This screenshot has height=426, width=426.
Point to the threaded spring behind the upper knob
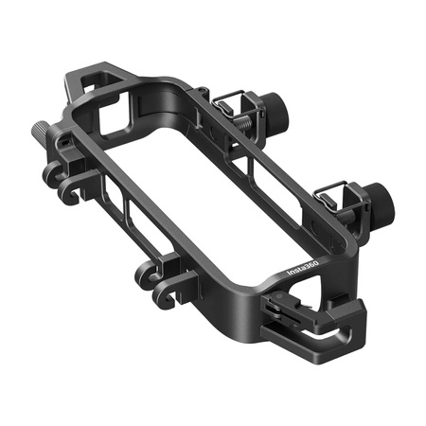click(249, 116)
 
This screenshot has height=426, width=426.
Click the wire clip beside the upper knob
click(230, 102)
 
